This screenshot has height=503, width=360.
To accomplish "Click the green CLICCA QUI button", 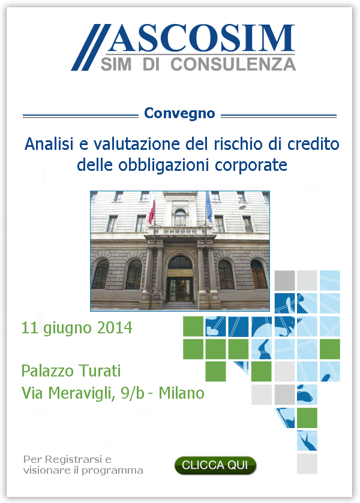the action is pyautogui.click(x=215, y=465).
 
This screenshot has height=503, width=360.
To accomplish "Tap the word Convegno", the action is pyautogui.click(x=179, y=114).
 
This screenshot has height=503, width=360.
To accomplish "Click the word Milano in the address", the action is pyautogui.click(x=181, y=393).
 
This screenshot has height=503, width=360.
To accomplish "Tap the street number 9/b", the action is pyautogui.click(x=133, y=393).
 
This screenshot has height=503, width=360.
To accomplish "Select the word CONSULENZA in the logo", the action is pyautogui.click(x=233, y=64).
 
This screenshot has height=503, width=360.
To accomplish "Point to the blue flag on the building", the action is pyautogui.click(x=209, y=207).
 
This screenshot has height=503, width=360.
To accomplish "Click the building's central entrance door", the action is pyautogui.click(x=180, y=290).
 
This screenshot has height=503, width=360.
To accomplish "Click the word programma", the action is pyautogui.click(x=112, y=471).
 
